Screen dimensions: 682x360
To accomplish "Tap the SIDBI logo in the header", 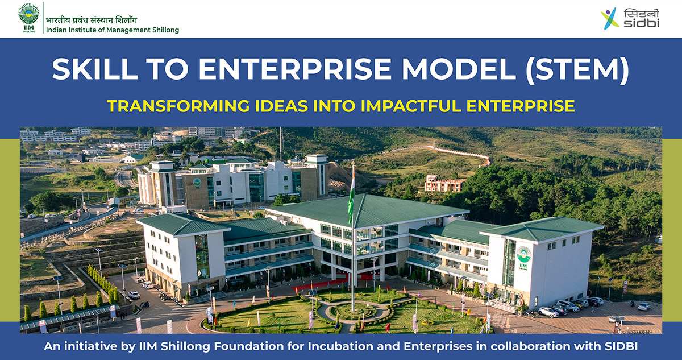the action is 630,18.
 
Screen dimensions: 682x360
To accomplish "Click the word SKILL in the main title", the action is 95,69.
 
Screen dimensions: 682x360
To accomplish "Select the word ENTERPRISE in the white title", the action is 294,69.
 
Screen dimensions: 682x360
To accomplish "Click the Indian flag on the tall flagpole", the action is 352,195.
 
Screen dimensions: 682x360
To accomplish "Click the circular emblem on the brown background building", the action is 197,183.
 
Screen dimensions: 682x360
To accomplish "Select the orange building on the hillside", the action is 444,183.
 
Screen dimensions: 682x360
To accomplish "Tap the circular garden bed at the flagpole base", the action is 353,311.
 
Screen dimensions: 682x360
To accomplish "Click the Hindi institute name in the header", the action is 92,20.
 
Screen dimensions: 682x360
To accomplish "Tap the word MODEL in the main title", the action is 459,69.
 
